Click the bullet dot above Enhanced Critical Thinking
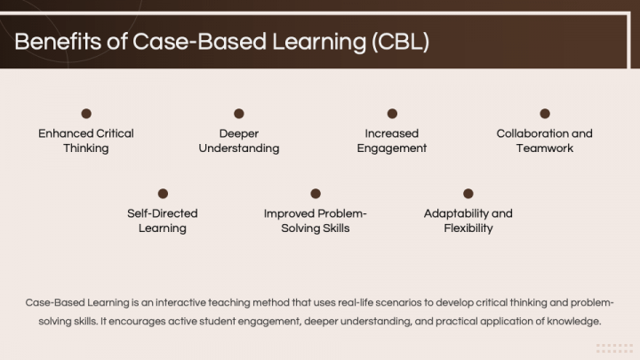(86, 114)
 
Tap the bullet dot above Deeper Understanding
(239, 114)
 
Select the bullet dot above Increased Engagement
(392, 114)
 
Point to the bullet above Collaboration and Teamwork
(545, 114)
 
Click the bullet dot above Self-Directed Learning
(163, 194)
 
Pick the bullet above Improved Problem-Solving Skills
(316, 194)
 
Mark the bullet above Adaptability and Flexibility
(468, 194)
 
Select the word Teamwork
(545, 148)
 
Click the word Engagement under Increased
(392, 148)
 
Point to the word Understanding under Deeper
(239, 148)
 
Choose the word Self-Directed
(163, 213)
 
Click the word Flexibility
(468, 228)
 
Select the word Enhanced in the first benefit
(65, 133)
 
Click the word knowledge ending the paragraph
(577, 320)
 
